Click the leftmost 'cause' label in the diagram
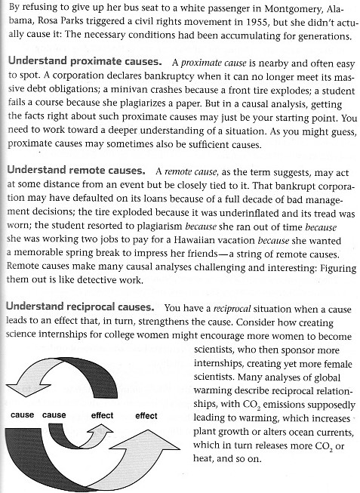(23, 414)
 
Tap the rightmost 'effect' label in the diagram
(146, 415)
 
